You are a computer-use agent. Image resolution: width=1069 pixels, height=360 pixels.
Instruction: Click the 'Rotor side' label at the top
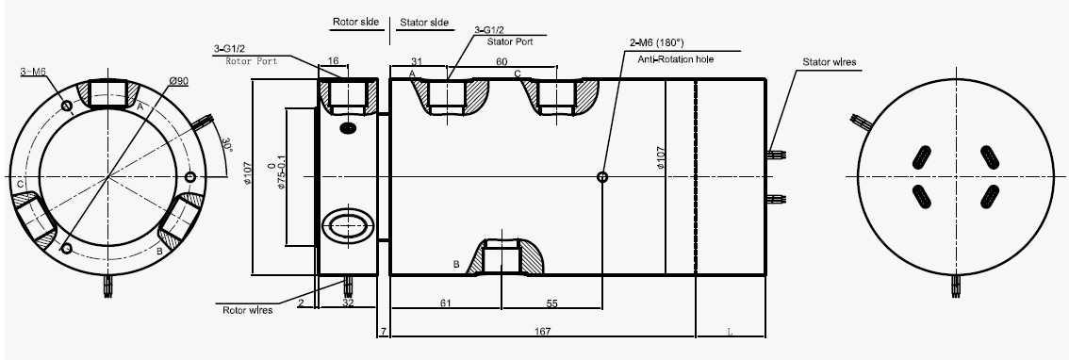coord(355,21)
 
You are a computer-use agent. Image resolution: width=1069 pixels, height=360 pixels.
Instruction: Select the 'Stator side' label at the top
coord(424,22)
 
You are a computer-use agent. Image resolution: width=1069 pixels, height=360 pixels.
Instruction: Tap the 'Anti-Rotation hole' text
coord(676,59)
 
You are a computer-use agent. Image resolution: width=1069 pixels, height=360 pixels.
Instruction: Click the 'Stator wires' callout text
coord(829,62)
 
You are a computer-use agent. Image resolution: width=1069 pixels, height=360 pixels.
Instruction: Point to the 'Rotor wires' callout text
coord(248,310)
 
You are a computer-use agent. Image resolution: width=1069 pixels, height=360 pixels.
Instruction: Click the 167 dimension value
coord(543,332)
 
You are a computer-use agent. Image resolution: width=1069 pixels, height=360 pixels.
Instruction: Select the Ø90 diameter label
coord(178,81)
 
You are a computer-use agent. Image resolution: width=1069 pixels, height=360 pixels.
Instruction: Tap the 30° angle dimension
coord(228,145)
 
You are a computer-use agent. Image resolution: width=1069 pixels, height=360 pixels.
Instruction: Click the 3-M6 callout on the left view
coord(33,71)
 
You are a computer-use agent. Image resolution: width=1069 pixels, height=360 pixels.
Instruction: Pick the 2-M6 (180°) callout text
coord(658,43)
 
